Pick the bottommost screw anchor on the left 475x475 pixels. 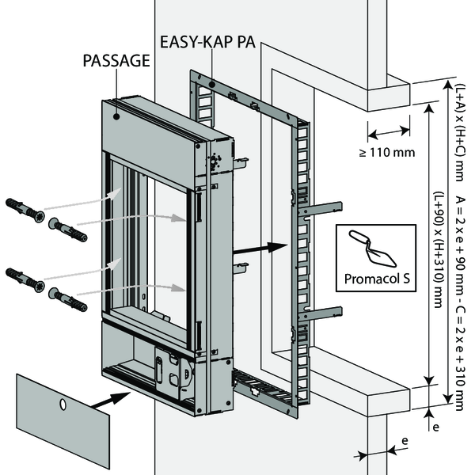point(68,300)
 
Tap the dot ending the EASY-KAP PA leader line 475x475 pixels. point(212,82)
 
